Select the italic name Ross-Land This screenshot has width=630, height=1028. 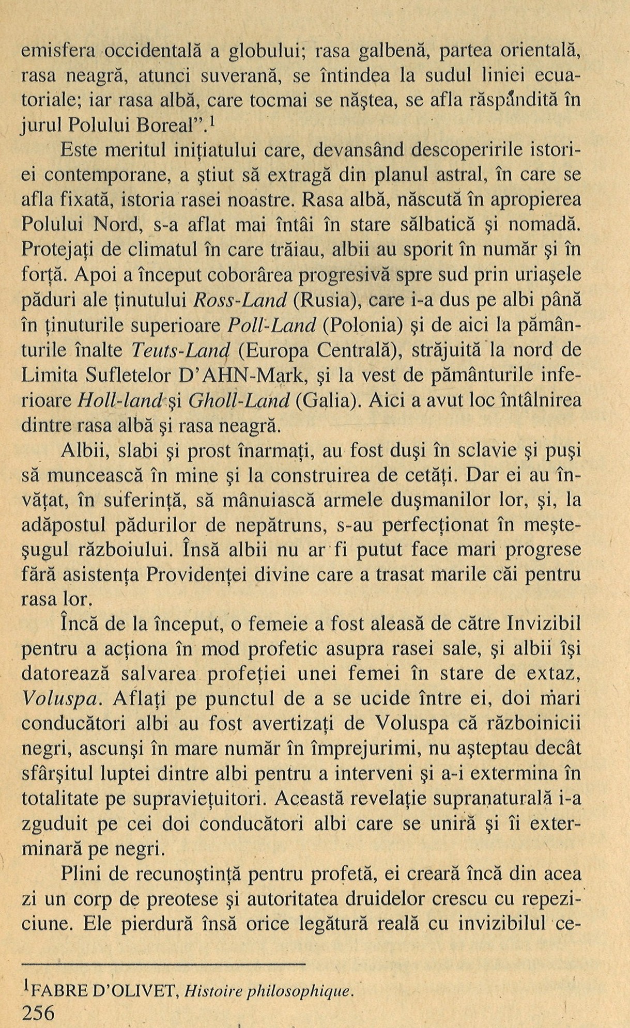[239, 301]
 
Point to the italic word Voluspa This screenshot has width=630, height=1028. [61, 699]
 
